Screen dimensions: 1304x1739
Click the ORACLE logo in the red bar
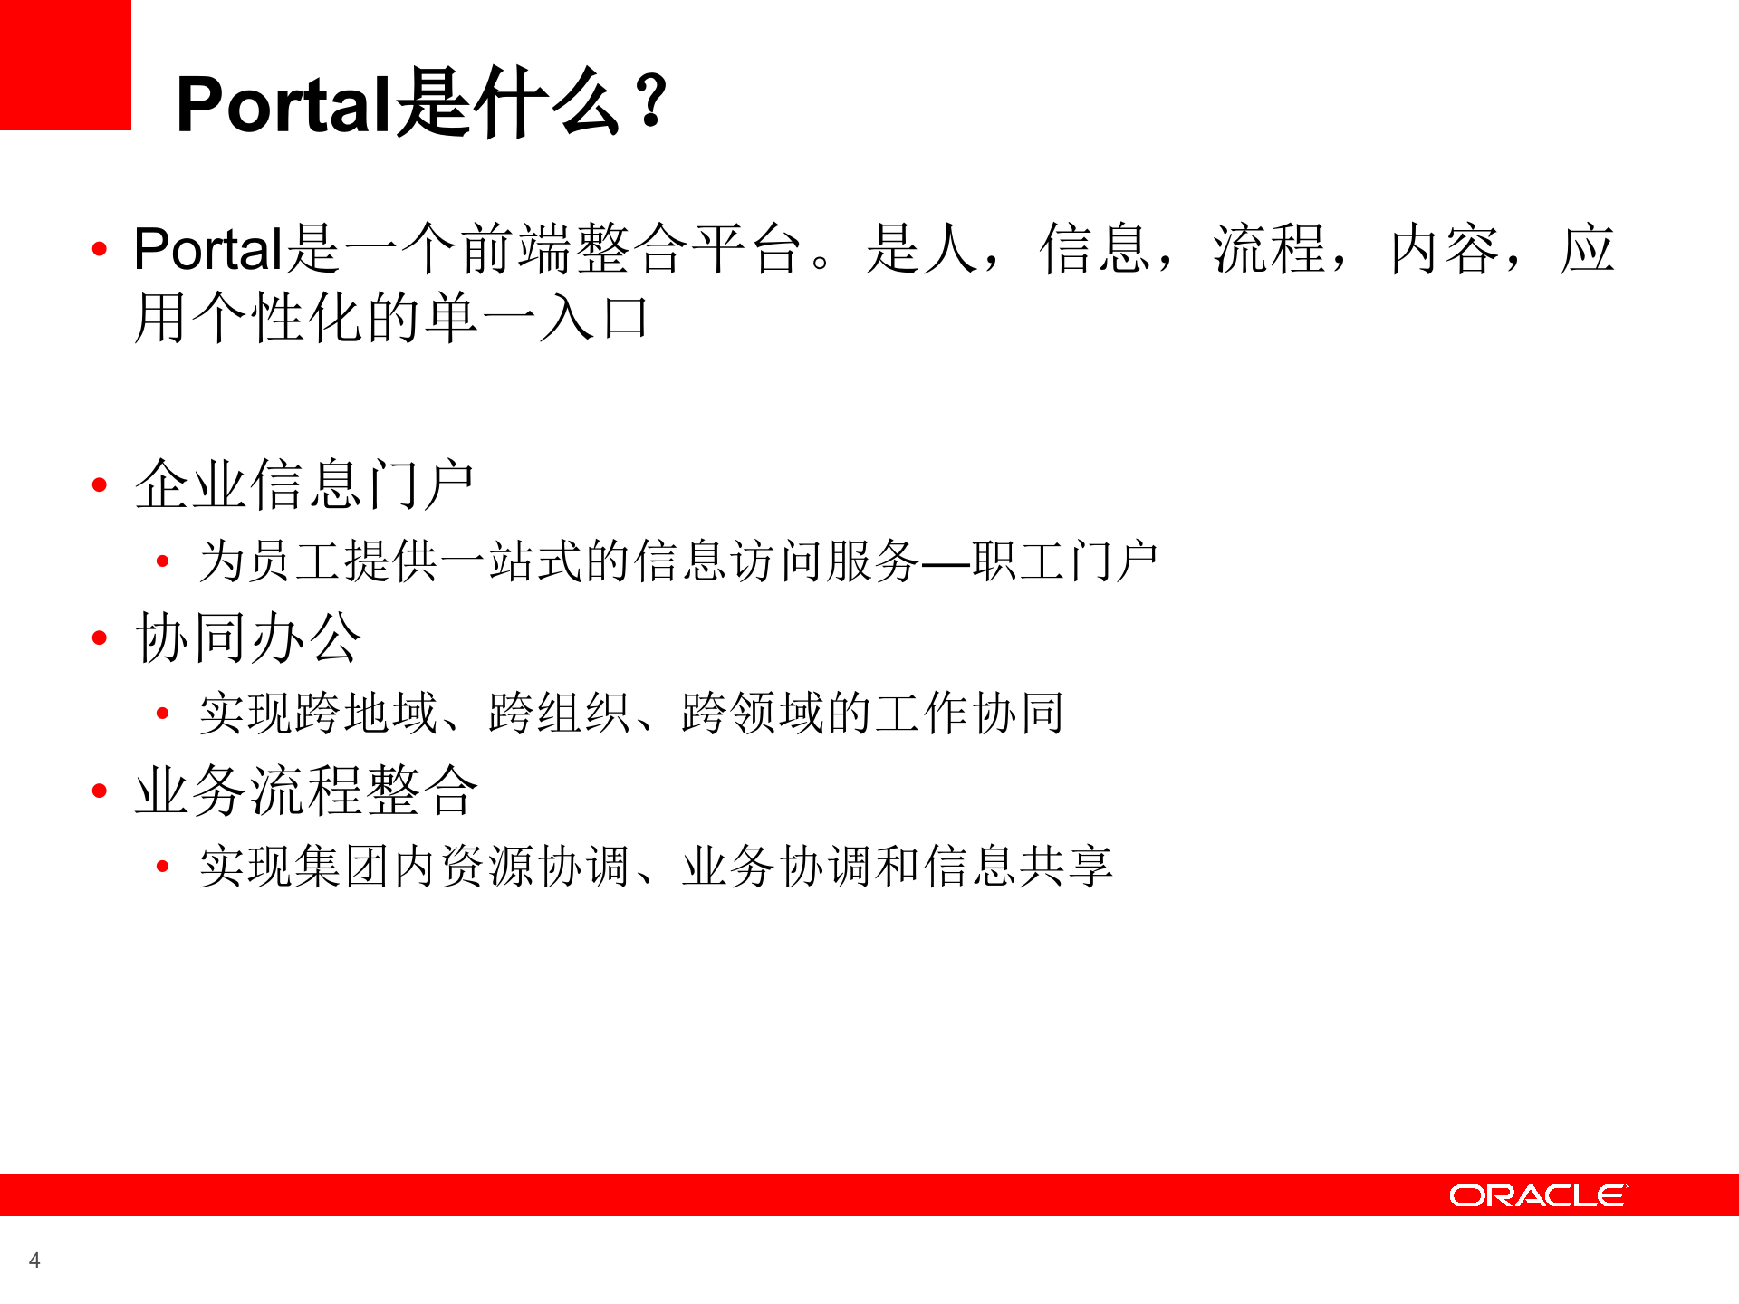pos(1538,1195)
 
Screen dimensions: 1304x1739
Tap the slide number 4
pos(34,1260)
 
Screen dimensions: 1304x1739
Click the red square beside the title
pos(65,65)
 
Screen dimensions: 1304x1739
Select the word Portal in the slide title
pos(283,105)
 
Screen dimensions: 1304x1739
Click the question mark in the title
pos(650,101)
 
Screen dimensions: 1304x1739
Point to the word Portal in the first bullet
pos(208,249)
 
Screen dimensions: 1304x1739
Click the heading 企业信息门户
pos(304,485)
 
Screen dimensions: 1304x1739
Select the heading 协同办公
pos(248,638)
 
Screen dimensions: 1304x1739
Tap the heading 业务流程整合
pos(306,791)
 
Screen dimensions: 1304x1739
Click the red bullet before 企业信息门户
pos(100,485)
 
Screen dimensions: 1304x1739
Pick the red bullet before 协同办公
pos(100,638)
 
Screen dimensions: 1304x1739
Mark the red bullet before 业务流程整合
pos(100,791)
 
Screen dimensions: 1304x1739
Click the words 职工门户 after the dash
pos(1064,561)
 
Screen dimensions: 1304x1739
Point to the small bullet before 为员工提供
pos(163,561)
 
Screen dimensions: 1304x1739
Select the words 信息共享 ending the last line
pos(1018,867)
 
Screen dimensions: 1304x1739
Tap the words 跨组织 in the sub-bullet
pos(560,714)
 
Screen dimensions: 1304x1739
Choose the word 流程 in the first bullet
pos(1270,249)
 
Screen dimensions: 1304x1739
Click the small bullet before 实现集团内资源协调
pos(163,867)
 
